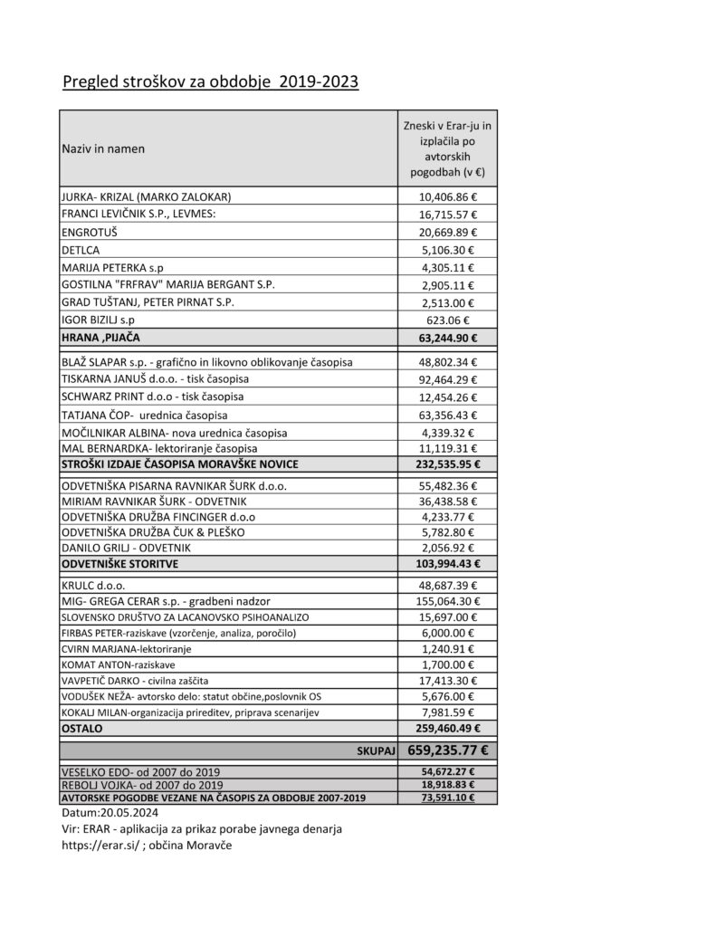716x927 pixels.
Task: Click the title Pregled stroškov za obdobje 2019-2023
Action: pos(210,82)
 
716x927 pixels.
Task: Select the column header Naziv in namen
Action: pos(103,148)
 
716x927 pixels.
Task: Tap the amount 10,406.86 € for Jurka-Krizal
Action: pos(448,196)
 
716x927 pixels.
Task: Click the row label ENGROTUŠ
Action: pos(90,233)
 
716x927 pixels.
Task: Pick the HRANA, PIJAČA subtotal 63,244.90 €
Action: pos(448,338)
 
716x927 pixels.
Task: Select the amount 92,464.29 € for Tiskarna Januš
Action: pos(448,379)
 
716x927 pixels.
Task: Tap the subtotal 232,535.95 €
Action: pos(448,464)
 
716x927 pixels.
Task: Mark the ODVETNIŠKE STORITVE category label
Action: pos(119,564)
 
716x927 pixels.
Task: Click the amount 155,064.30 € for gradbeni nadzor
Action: pos(448,600)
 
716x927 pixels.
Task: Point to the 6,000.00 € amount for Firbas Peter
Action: pos(448,633)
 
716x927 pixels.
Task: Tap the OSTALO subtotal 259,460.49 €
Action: pos(448,728)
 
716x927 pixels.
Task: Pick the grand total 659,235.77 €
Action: pos(448,750)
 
